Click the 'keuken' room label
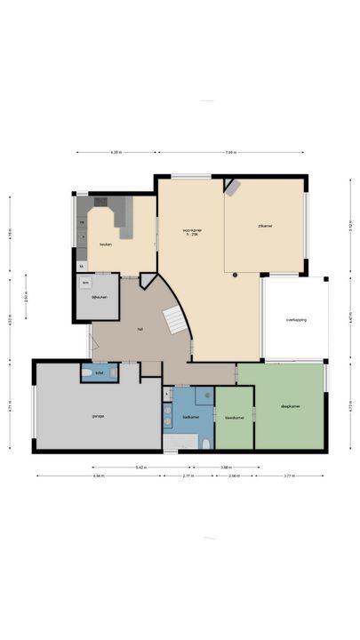tap(105, 244)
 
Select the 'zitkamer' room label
tap(264, 227)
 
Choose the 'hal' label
tap(140, 329)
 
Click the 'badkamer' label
tap(190, 416)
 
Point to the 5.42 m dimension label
tap(141, 467)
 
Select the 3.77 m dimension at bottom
tap(289, 476)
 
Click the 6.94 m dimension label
tap(98, 476)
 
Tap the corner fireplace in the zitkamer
tap(232, 187)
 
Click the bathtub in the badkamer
tap(180, 442)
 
